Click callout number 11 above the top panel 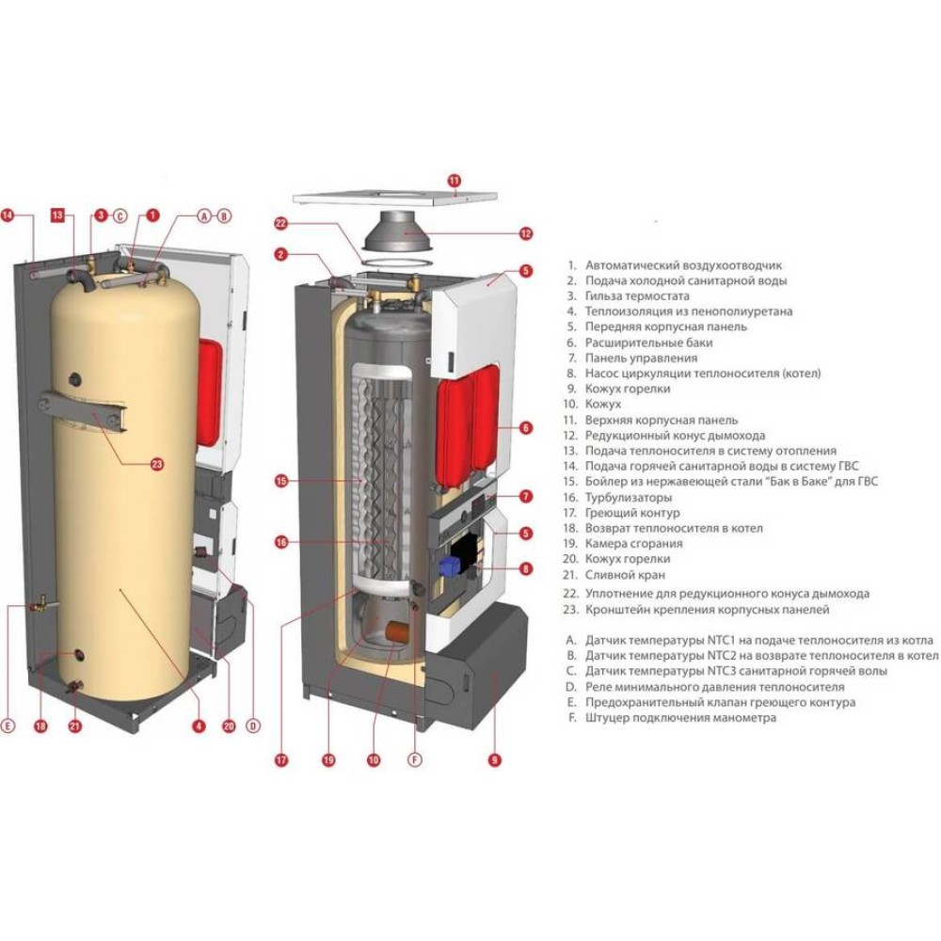coord(455,180)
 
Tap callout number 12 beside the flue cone coord(525,233)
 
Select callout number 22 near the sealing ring coord(279,223)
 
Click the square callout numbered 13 coord(57,215)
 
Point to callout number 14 coord(8,215)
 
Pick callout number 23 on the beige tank coord(157,462)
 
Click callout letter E coord(8,726)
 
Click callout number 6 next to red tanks coord(525,427)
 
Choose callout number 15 coord(280,481)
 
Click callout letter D coord(252,726)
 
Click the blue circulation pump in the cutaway coord(447,567)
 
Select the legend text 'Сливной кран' coord(625,574)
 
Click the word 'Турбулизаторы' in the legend coord(629,497)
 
